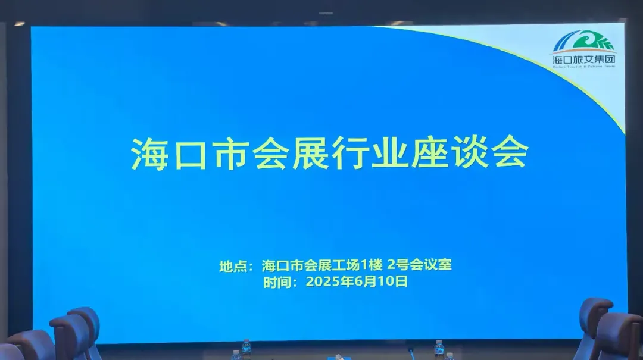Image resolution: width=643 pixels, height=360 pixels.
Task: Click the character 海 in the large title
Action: click(x=149, y=155)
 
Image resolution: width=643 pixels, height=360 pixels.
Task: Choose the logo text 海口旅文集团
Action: click(x=583, y=60)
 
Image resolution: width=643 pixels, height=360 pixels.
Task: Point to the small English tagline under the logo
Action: click(x=583, y=67)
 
